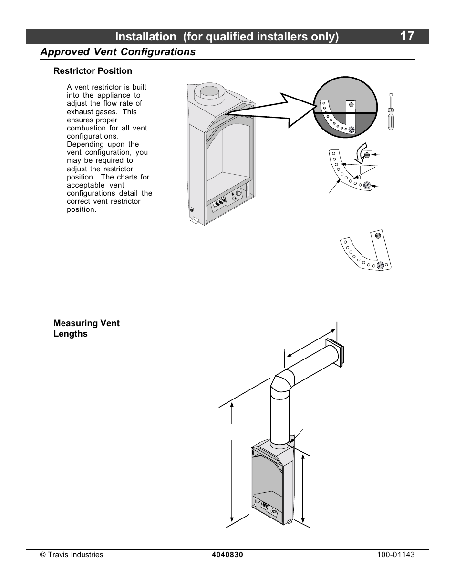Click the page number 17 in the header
click(407, 36)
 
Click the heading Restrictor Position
click(93, 71)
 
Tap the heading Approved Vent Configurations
click(118, 52)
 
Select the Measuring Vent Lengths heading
click(86, 329)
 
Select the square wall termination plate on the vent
click(333, 353)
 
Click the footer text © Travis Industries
click(72, 555)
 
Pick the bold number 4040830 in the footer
click(227, 555)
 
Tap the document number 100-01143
click(395, 555)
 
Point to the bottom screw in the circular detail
click(352, 129)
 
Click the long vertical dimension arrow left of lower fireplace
click(232, 462)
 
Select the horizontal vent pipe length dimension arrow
click(310, 342)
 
